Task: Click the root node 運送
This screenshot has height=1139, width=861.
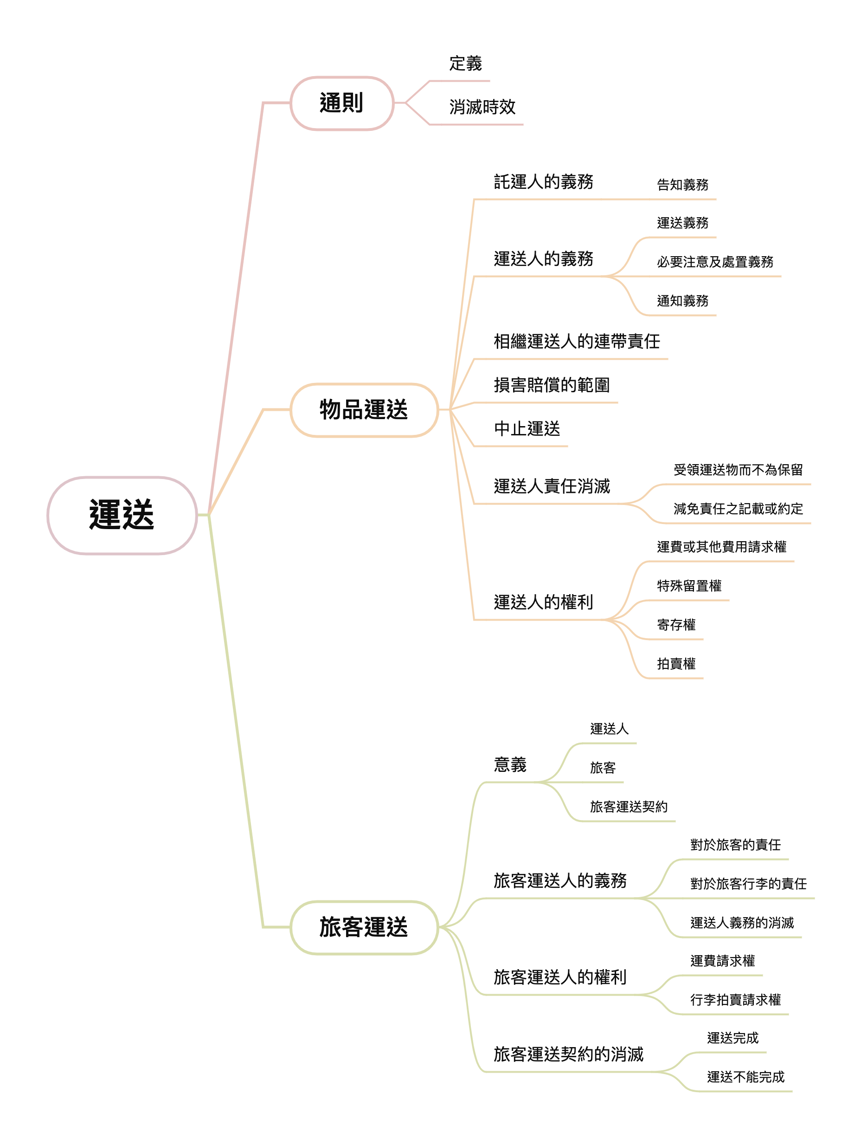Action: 122,515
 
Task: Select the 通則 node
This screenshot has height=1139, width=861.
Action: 342,103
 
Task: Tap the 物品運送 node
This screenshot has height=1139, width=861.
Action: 364,410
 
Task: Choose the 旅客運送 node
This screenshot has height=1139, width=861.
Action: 364,927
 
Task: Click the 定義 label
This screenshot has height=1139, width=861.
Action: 465,64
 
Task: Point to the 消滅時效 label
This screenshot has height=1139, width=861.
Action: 482,107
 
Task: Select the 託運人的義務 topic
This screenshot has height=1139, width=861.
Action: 544,182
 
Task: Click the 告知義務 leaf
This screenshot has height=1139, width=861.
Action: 682,185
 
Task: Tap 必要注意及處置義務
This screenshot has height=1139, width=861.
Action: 715,262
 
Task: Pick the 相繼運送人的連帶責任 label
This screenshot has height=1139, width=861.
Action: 577,342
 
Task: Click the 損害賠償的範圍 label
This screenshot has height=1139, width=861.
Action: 552,385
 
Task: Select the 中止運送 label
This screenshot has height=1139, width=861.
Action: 527,429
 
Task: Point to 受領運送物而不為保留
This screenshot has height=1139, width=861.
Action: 738,470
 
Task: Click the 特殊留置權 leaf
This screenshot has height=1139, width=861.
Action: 689,586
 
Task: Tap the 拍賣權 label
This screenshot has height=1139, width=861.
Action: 676,664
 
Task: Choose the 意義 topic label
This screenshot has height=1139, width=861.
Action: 510,764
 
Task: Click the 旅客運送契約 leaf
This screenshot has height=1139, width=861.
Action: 629,807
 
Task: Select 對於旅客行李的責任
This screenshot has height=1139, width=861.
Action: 748,884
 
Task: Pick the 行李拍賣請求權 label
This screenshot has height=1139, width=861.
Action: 735,1000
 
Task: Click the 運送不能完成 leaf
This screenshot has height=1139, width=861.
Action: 745,1077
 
